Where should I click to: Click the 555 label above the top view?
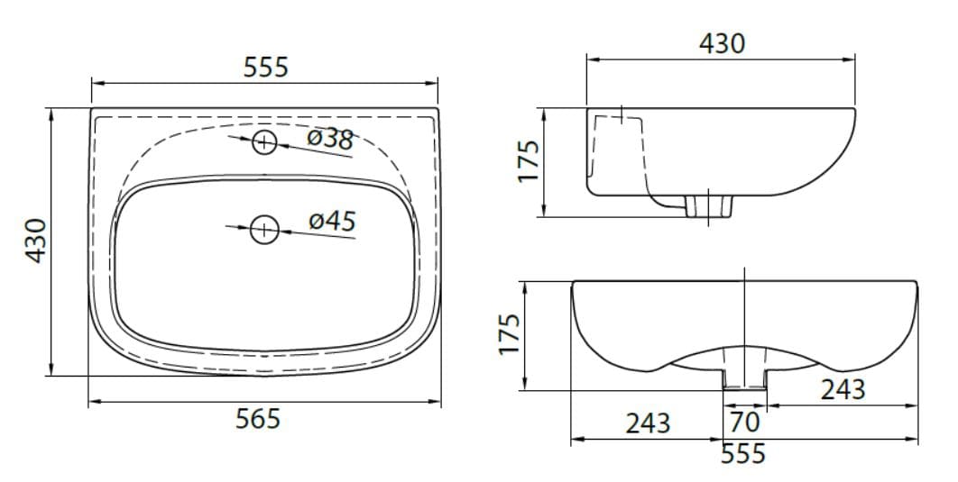tap(266, 67)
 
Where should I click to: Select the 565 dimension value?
tap(258, 419)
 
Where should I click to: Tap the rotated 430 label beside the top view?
tap(36, 241)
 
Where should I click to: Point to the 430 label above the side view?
tap(723, 43)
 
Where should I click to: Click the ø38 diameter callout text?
tap(330, 139)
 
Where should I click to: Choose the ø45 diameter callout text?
tap(332, 220)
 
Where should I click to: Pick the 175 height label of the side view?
tap(529, 161)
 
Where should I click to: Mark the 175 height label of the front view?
tap(509, 333)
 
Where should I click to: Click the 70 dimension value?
tap(745, 421)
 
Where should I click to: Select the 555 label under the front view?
tap(743, 453)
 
